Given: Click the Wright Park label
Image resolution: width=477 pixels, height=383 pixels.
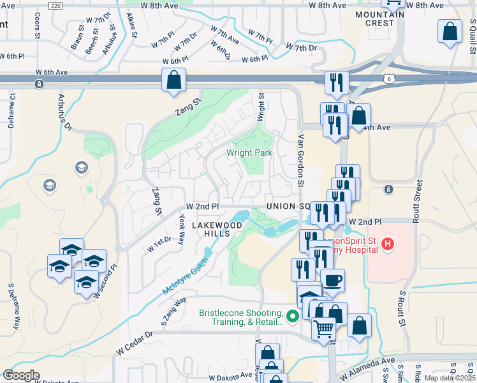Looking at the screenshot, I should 249,153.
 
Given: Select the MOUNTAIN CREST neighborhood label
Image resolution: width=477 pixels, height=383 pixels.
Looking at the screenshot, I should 380,19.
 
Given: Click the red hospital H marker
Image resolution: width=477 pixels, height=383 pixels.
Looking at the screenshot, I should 388,244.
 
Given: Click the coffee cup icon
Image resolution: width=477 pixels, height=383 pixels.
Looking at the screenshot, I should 332,280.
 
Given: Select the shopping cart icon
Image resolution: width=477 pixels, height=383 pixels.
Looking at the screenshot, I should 324,329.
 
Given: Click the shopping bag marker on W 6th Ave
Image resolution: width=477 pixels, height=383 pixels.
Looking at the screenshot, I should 173,80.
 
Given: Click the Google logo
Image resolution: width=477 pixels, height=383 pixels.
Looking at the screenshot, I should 21,375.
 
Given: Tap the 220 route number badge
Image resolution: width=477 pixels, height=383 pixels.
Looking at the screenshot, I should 55,5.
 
